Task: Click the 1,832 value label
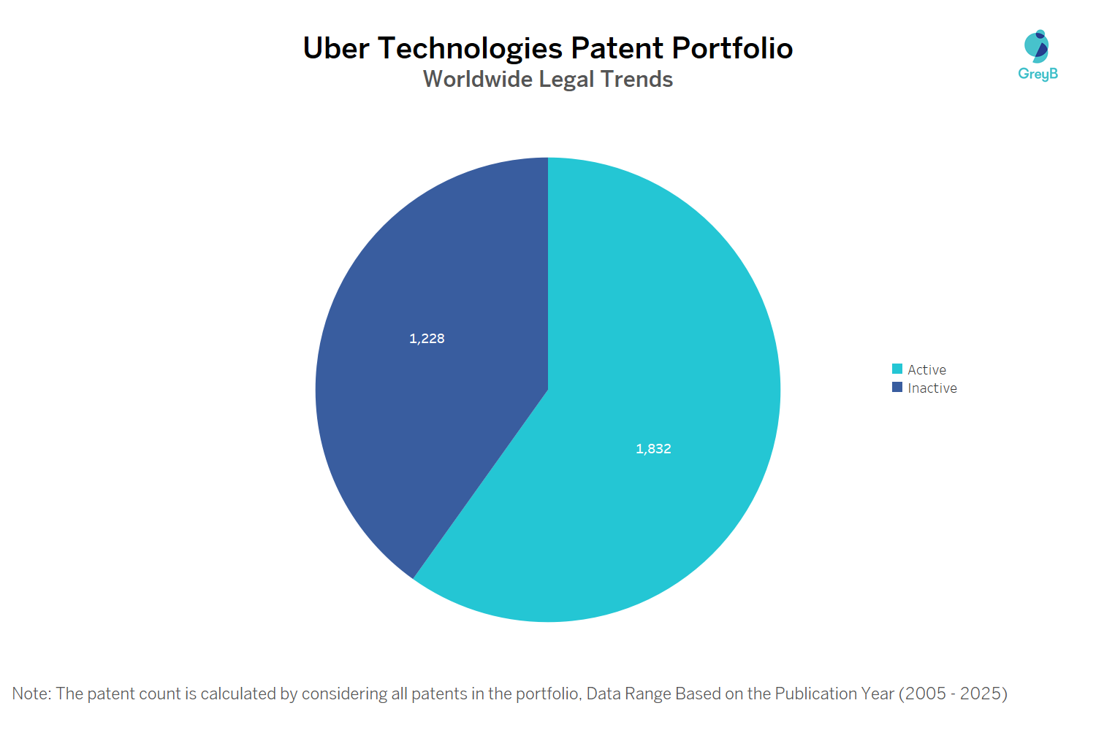click(x=653, y=449)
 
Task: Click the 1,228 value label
click(x=427, y=339)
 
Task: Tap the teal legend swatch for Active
click(x=897, y=369)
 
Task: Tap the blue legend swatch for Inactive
click(x=897, y=388)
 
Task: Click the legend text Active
click(x=926, y=370)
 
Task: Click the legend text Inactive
click(x=932, y=388)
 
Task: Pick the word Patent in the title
click(x=617, y=48)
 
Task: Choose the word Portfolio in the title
click(x=732, y=48)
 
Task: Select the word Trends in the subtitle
click(x=636, y=79)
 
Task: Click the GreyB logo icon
click(x=1037, y=47)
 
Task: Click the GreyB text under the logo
click(x=1038, y=74)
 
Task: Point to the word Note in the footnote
click(x=30, y=693)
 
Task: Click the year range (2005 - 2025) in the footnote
click(x=953, y=693)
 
